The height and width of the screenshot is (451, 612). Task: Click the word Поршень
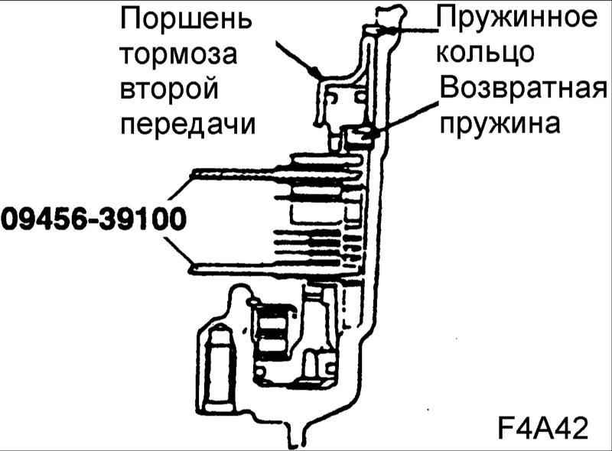tap(186, 20)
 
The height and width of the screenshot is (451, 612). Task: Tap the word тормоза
tap(178, 54)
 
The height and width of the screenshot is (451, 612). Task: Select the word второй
tap(169, 89)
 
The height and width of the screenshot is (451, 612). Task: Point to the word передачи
tap(187, 125)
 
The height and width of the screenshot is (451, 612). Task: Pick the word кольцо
tap(485, 52)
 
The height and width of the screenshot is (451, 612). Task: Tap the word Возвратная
tap(523, 88)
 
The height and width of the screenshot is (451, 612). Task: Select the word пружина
tap(500, 123)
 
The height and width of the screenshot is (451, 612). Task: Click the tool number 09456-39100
tap(93, 219)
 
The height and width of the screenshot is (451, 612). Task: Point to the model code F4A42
tap(543, 429)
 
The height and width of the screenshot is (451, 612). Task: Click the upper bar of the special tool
tap(273, 172)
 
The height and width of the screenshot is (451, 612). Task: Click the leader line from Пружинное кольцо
tap(406, 30)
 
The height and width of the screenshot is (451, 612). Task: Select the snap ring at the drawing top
tap(389, 16)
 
